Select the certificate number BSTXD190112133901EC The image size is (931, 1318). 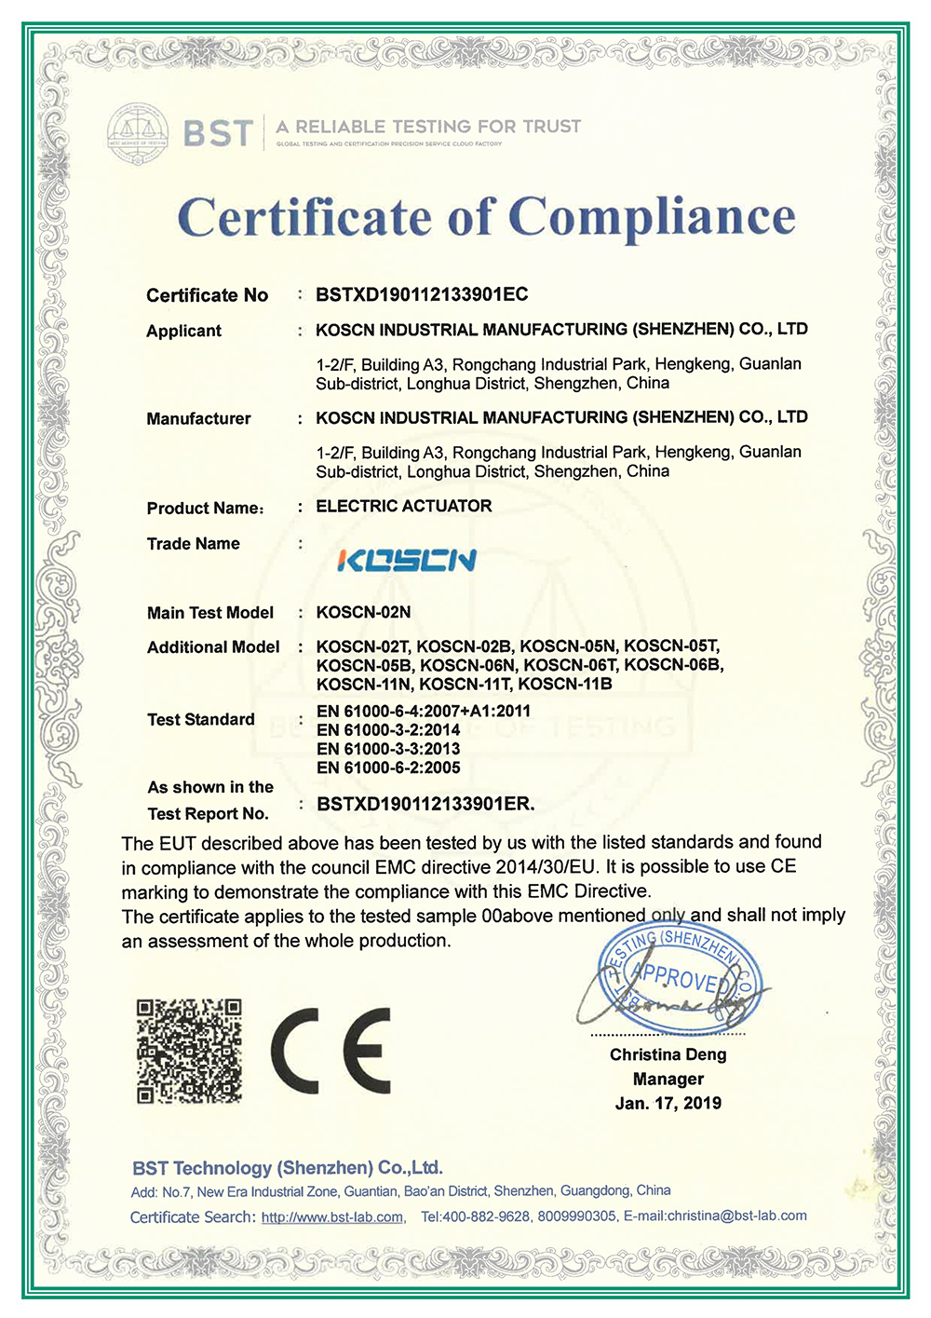click(x=422, y=295)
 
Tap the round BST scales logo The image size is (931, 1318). click(x=138, y=131)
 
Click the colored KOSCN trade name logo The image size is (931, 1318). click(x=407, y=560)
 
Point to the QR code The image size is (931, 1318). click(x=190, y=1051)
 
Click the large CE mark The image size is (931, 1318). click(x=331, y=1051)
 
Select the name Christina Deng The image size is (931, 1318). click(x=668, y=1054)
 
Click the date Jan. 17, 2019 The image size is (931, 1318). click(x=668, y=1103)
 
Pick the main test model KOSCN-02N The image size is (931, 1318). click(x=363, y=612)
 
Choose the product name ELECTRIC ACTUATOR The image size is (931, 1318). click(x=404, y=506)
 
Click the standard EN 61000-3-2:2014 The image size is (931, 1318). click(x=388, y=730)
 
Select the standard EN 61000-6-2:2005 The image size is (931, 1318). click(x=388, y=768)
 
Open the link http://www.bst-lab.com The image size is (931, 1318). click(x=332, y=1217)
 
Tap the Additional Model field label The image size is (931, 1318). click(x=213, y=647)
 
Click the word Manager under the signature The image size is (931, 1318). click(x=668, y=1079)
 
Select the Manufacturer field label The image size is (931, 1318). click(x=198, y=419)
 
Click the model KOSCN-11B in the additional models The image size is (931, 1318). click(x=565, y=685)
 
